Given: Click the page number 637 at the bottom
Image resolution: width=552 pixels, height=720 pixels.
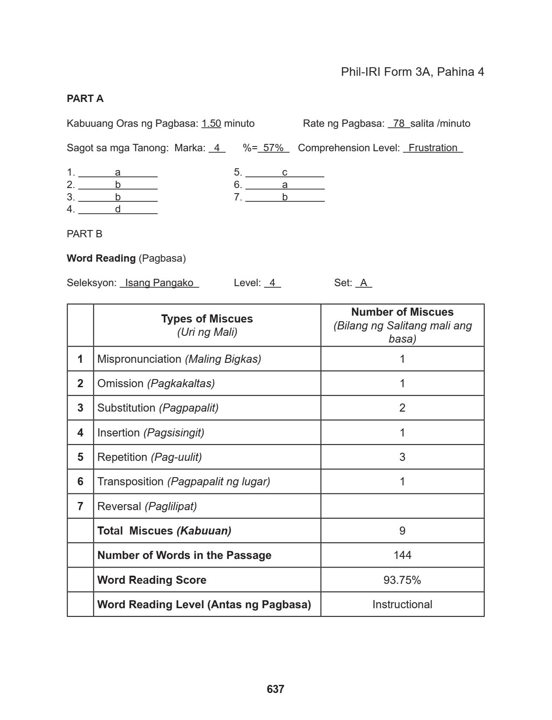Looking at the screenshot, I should pyautogui.click(x=275, y=689).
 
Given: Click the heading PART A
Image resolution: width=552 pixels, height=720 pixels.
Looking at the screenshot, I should pyautogui.click(x=85, y=99).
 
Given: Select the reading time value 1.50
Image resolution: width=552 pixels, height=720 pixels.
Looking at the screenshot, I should pyautogui.click(x=211, y=123).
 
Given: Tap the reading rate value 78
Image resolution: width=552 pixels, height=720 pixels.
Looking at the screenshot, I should pyautogui.click(x=399, y=123).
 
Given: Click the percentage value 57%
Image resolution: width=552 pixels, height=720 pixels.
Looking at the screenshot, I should pyautogui.click(x=273, y=148).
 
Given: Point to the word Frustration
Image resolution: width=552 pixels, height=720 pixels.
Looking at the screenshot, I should pyautogui.click(x=433, y=148).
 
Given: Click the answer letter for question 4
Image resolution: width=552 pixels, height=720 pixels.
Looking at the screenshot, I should pyautogui.click(x=118, y=209).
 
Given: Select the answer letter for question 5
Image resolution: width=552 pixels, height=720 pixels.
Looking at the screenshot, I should pyautogui.click(x=285, y=172).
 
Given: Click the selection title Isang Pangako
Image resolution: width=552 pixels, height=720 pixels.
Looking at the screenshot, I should pyautogui.click(x=159, y=283).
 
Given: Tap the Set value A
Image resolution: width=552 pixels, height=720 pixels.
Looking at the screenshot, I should pyautogui.click(x=364, y=283).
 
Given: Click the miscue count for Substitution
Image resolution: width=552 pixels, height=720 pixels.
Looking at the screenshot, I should pyautogui.click(x=402, y=408).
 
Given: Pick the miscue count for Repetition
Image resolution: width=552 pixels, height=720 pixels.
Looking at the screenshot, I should pyautogui.click(x=402, y=457).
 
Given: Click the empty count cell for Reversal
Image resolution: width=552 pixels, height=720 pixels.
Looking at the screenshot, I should pyautogui.click(x=402, y=506).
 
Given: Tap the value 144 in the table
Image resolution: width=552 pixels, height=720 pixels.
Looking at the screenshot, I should pyautogui.click(x=402, y=555).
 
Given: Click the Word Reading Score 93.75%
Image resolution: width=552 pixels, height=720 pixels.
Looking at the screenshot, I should pyautogui.click(x=402, y=580).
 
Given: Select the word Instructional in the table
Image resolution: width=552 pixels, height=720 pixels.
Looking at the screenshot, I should pyautogui.click(x=402, y=604).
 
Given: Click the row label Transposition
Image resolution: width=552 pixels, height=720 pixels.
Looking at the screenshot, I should pyautogui.click(x=131, y=481).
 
